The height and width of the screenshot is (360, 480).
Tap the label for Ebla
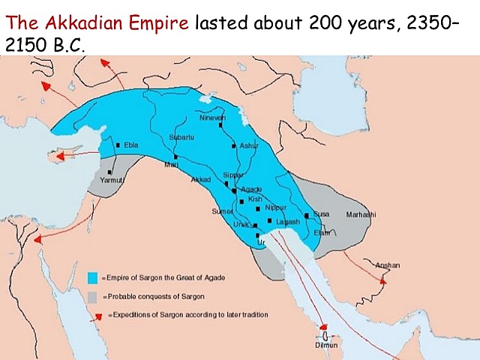click(x=131, y=145)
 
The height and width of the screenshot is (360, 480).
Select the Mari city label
click(x=172, y=164)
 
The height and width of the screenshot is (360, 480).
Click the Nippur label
click(x=276, y=207)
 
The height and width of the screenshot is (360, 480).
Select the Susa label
click(x=321, y=214)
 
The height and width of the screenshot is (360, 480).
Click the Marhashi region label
click(x=360, y=214)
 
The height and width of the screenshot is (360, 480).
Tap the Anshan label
click(x=388, y=265)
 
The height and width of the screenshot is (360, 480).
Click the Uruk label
click(x=239, y=223)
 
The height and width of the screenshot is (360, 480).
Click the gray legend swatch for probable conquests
click(x=93, y=296)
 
